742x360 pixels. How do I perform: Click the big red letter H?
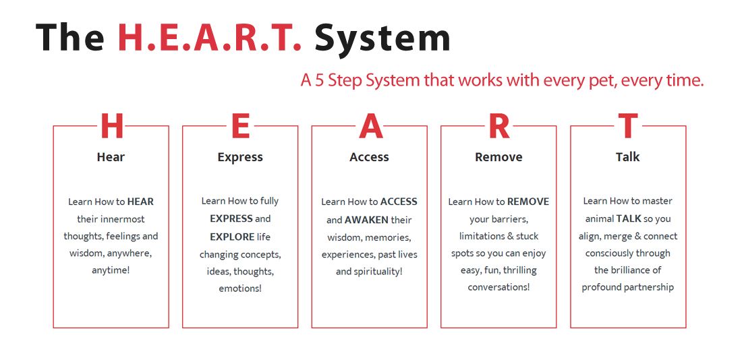click(x=111, y=127)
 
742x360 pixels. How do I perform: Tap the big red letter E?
click(x=240, y=127)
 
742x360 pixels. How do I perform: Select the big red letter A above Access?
click(x=370, y=127)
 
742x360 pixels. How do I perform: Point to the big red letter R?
click(x=498, y=127)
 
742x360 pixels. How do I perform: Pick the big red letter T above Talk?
click(x=627, y=127)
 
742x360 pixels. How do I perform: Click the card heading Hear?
click(x=111, y=157)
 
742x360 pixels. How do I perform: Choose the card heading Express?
click(x=240, y=157)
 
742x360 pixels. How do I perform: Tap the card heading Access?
click(x=369, y=157)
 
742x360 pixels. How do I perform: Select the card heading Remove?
click(x=498, y=157)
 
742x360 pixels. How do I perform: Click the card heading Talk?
click(x=627, y=157)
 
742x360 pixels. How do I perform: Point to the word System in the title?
click(x=382, y=38)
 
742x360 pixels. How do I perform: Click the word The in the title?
click(x=69, y=38)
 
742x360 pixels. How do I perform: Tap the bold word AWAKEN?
click(x=366, y=220)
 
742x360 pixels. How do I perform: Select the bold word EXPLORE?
click(x=232, y=237)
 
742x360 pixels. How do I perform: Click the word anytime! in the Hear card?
click(x=111, y=270)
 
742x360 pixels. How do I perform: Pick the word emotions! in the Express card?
click(x=240, y=289)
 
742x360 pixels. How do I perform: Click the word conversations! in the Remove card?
click(x=498, y=287)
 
